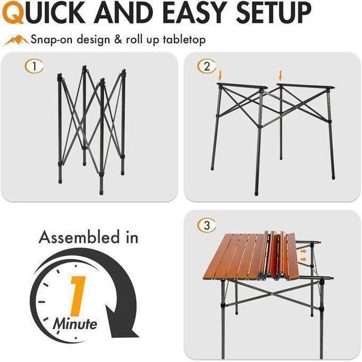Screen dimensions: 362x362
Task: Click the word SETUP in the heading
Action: click(274, 12)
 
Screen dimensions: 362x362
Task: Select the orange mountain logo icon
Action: click(16, 40)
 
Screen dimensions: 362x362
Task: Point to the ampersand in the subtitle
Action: click(118, 40)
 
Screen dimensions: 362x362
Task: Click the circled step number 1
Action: click(34, 67)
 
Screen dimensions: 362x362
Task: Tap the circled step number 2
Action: click(207, 67)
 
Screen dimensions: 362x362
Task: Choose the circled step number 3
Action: click(207, 225)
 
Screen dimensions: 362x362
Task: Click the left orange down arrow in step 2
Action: click(220, 75)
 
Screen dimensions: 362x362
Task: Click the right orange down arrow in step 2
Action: click(281, 75)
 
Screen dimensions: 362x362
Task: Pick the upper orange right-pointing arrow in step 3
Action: click(303, 251)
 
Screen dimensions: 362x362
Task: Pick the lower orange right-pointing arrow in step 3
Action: click(303, 259)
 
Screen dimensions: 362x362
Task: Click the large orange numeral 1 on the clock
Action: click(77, 296)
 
